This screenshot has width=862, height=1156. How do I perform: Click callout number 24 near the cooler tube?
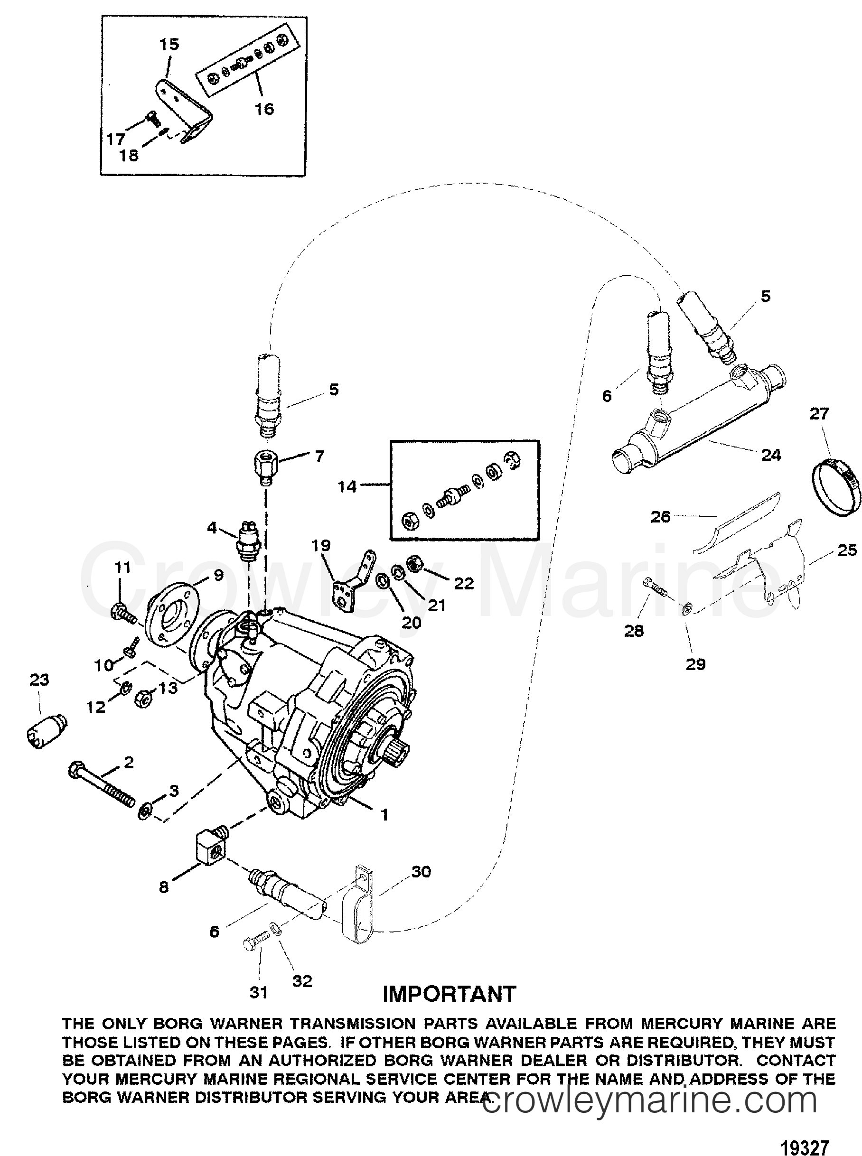coord(771,455)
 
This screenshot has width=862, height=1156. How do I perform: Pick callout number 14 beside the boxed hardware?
coord(347,487)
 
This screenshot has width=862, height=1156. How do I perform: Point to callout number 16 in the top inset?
coord(264,109)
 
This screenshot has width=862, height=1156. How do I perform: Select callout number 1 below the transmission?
coord(384,814)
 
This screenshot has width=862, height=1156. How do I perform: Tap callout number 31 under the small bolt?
coord(258,993)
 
